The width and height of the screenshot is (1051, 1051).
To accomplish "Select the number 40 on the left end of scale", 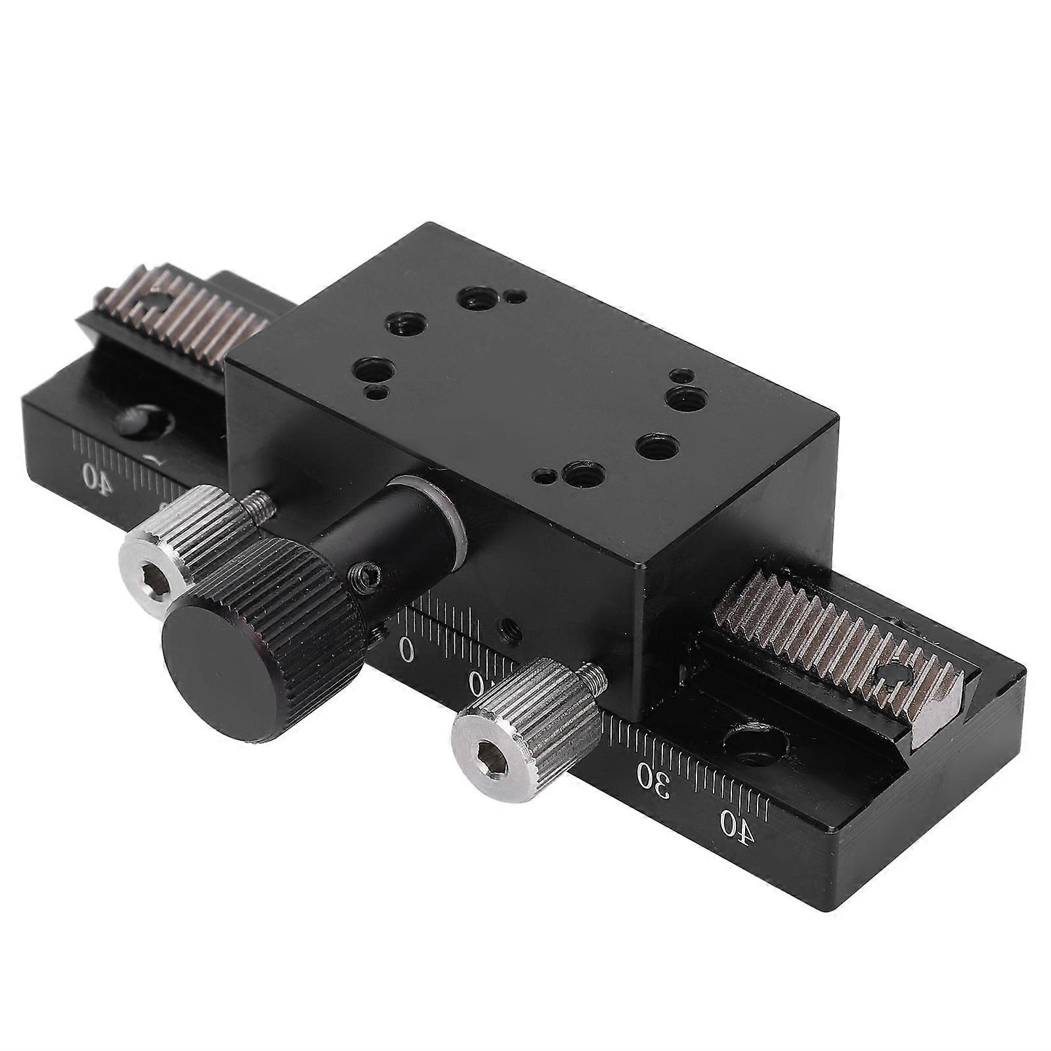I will point(95,476).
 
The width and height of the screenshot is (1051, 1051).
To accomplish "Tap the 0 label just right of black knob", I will point(407,651).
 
